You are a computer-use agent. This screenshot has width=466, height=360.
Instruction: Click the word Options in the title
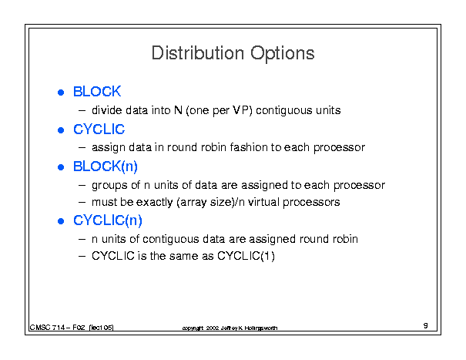click(283, 54)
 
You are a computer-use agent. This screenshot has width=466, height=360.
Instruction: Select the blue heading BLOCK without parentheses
click(97, 91)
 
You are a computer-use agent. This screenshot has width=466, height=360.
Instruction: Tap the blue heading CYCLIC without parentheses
click(99, 130)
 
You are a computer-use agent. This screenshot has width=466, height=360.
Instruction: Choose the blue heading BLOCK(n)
click(106, 167)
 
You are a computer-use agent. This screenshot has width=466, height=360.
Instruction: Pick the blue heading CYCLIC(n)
click(108, 220)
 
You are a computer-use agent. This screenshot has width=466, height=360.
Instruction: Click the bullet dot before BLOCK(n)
click(61, 167)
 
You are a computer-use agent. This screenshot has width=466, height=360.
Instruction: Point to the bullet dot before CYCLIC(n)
click(61, 221)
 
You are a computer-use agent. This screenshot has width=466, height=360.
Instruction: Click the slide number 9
click(426, 325)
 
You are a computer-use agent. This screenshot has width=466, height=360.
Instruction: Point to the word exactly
click(154, 202)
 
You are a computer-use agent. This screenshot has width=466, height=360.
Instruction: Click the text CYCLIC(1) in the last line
click(246, 256)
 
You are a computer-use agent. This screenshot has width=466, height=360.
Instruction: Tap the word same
click(184, 256)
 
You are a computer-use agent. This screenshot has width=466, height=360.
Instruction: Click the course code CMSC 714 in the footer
click(47, 328)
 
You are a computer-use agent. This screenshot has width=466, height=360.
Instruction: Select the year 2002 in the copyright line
click(213, 328)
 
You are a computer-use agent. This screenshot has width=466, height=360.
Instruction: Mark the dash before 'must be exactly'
click(82, 202)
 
